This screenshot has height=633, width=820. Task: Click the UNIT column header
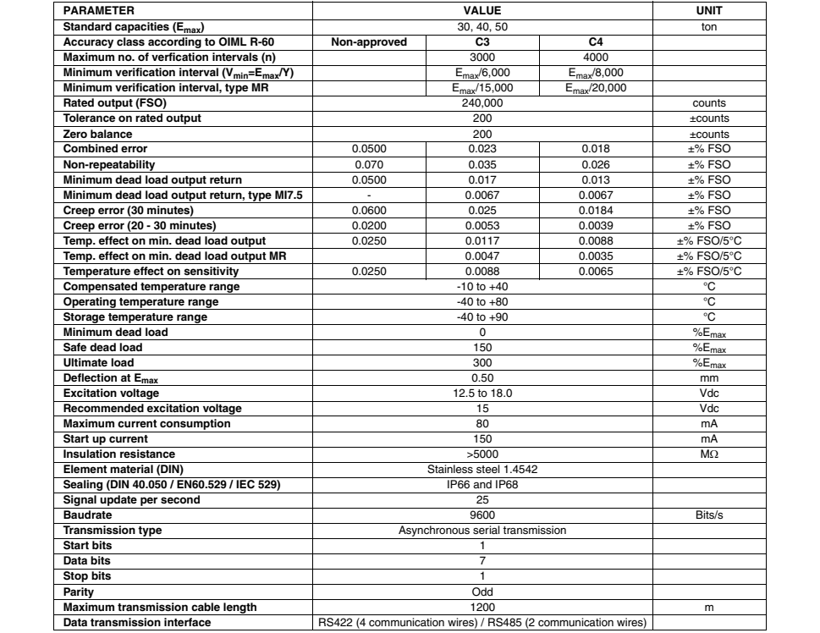pos(707,11)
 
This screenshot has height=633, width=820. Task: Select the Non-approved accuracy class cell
pos(369,41)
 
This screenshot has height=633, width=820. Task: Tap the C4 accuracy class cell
pos(595,41)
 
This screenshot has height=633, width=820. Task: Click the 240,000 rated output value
pos(482,103)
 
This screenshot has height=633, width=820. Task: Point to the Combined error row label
pos(105,149)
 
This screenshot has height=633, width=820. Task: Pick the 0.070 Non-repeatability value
pos(369,164)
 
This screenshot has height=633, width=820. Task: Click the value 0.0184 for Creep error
pos(595,210)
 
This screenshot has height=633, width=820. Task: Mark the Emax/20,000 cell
pos(595,87)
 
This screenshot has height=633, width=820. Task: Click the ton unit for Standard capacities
pos(707,26)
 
